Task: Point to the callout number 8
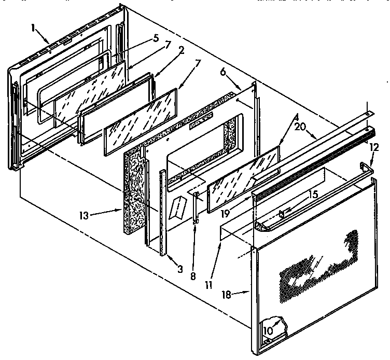[x=193, y=276]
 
